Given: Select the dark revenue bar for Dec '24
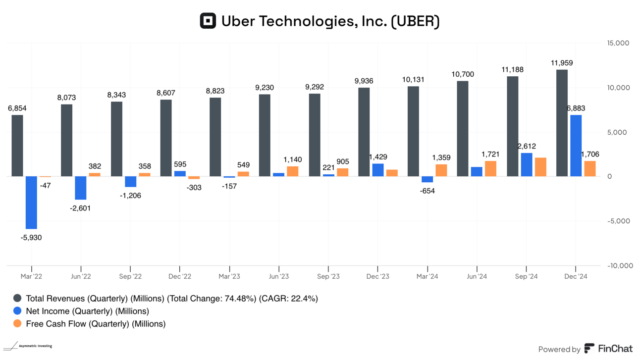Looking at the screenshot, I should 562,123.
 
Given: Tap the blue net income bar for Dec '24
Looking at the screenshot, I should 576,146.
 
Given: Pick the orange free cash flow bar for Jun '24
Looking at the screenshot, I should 490,169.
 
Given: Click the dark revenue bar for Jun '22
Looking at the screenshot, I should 67,140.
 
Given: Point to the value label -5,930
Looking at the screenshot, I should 31,237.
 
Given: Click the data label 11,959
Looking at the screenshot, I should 562,63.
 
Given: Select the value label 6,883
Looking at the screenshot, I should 576,108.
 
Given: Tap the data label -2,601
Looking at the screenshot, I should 80,208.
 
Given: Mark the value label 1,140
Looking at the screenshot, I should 293,159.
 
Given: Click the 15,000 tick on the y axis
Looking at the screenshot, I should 618,43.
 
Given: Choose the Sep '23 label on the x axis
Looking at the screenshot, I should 328,276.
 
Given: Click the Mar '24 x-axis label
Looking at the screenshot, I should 427,276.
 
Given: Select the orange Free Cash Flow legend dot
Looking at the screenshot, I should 18,324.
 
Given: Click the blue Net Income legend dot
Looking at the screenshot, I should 18,311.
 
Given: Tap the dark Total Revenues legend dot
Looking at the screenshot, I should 18,299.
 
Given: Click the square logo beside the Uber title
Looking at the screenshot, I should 208,21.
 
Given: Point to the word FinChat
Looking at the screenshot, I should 615,349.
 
